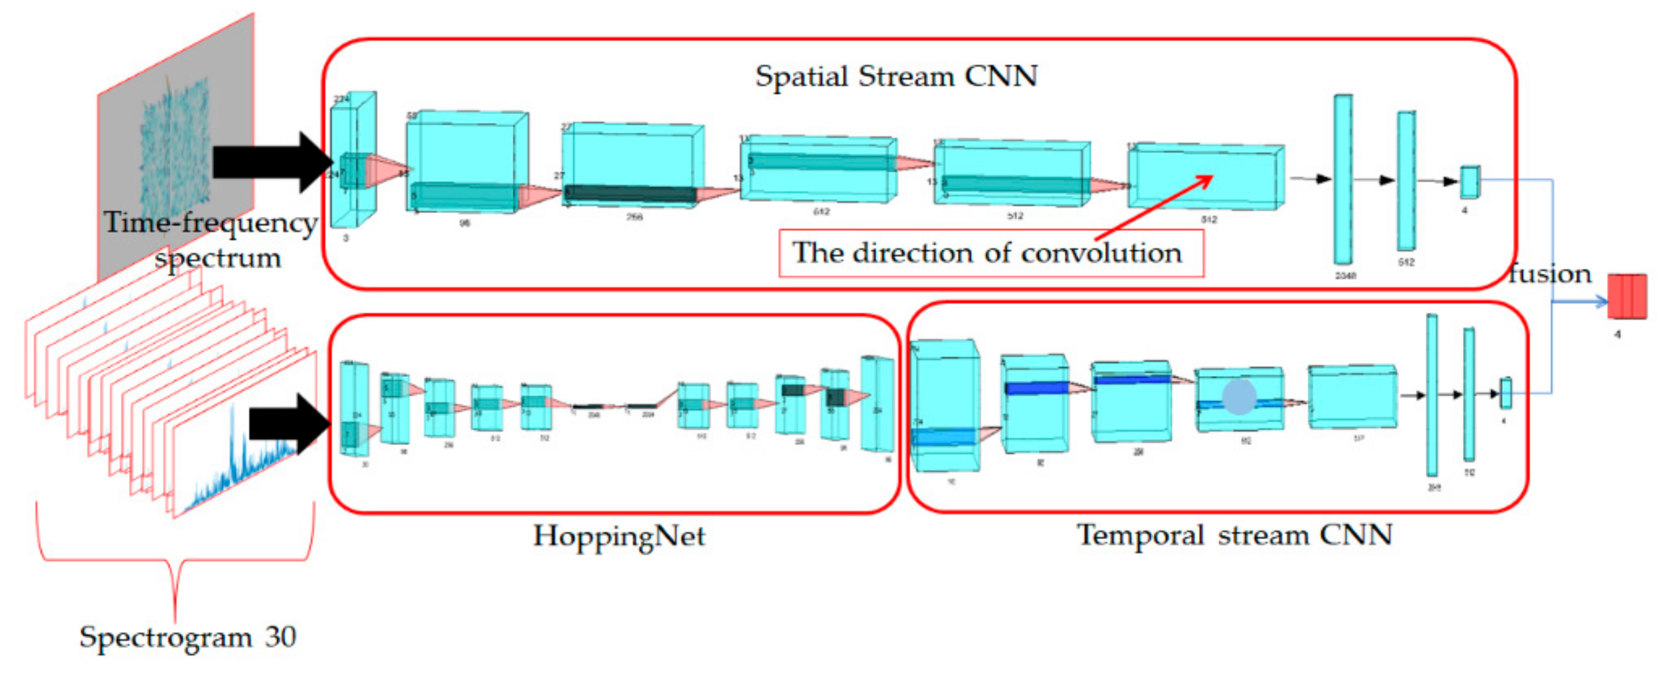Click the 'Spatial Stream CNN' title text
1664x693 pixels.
896,77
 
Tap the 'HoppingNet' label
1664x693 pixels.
618,536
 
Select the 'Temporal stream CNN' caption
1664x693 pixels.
1234,535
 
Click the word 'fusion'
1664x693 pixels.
1549,274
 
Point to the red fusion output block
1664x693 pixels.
1627,297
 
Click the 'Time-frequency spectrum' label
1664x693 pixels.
210,239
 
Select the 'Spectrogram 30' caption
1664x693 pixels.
187,637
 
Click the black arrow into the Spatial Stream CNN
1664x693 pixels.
271,161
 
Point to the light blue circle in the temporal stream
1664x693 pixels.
1239,396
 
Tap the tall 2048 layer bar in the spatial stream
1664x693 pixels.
1343,180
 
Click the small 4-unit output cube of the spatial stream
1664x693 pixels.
1469,182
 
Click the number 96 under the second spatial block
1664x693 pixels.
465,223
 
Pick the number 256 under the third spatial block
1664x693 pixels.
633,217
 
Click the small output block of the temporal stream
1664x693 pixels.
1505,394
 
